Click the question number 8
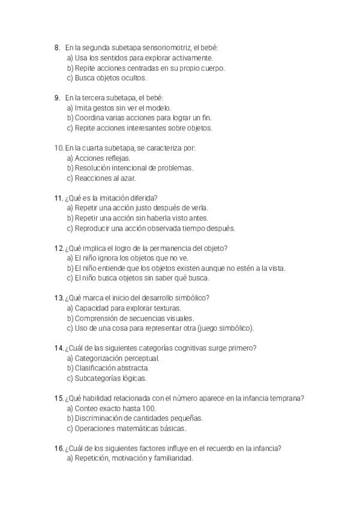(x=57, y=47)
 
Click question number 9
(x=57, y=97)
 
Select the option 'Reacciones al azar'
(x=104, y=178)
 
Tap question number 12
(x=58, y=248)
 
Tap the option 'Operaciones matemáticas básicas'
(x=130, y=429)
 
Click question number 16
(x=58, y=449)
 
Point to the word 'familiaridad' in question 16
(x=173, y=459)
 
